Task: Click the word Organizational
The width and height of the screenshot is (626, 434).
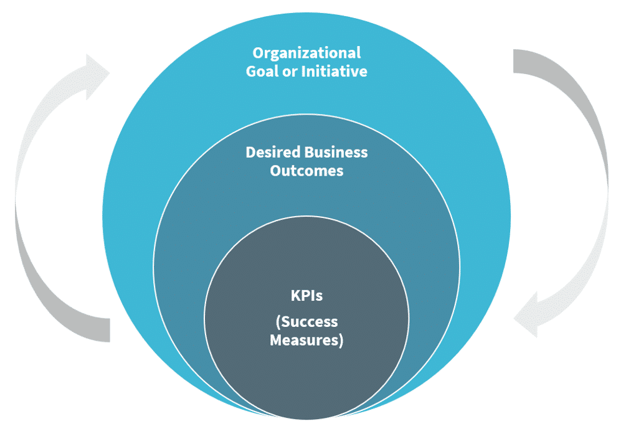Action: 306,54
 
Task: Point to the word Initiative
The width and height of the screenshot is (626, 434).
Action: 334,72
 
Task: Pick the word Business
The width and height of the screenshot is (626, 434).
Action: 336,153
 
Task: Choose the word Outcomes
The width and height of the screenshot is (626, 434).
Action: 306,171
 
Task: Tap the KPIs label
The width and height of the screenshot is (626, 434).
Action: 306,296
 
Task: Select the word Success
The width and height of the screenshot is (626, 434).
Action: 310,322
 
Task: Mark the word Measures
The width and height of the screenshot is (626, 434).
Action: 304,341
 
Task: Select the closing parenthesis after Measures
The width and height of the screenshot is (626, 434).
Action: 340,341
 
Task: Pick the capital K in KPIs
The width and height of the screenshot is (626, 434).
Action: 295,296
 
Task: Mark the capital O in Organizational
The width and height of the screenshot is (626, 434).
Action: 257,54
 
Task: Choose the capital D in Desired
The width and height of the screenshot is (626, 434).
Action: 250,153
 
